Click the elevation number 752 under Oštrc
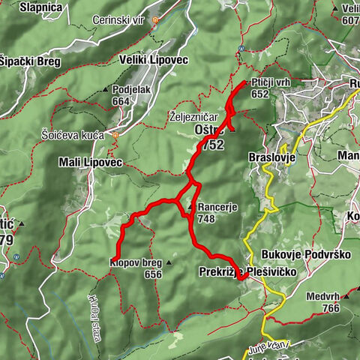tap(212, 145)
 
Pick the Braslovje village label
tap(271, 159)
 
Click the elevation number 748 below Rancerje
tap(208, 219)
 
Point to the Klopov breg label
tap(136, 263)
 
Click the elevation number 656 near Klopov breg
tap(154, 274)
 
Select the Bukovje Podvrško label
tap(307, 255)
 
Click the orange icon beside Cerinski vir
tap(155, 19)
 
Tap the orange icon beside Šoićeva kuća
tap(115, 135)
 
